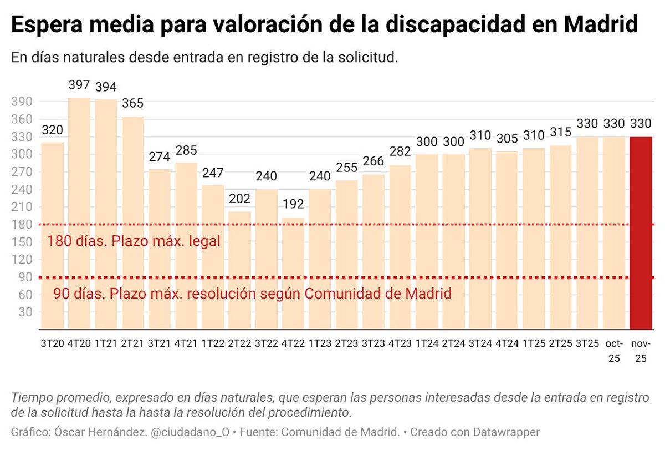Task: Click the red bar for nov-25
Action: (640, 233)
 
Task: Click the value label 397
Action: (79, 85)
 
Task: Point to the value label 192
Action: (293, 204)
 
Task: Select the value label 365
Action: (132, 103)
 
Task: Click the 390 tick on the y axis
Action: (22, 102)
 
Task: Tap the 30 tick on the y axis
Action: (25, 312)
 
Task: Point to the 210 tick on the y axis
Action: (22, 207)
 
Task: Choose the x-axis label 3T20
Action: (52, 344)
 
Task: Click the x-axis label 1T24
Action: (427, 344)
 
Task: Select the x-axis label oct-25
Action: (613, 351)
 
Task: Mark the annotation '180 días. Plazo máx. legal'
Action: (134, 241)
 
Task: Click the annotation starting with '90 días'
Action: (252, 294)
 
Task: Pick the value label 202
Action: (239, 198)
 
